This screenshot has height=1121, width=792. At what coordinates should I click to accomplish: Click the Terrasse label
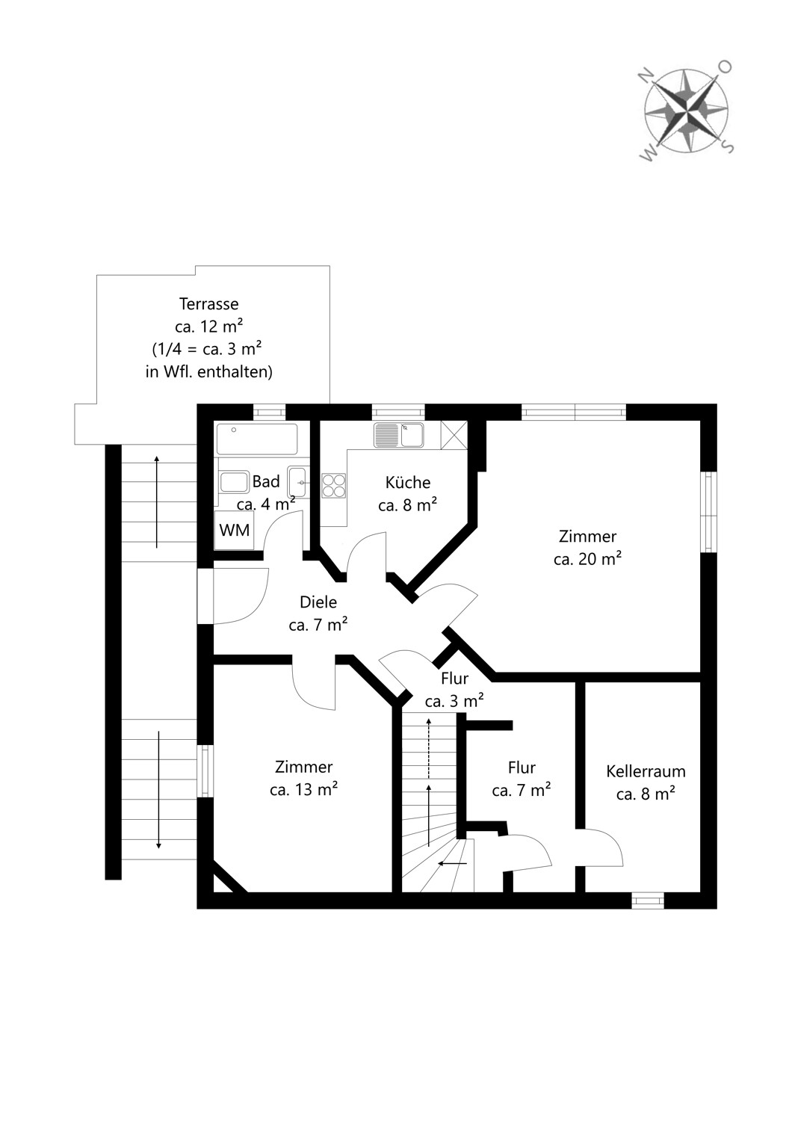(208, 303)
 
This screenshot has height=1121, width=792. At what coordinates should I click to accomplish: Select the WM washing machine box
(234, 531)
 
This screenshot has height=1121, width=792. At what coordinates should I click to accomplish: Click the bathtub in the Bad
(257, 439)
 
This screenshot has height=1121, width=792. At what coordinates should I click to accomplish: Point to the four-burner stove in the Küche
(334, 486)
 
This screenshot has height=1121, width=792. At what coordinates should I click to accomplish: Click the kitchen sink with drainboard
(399, 435)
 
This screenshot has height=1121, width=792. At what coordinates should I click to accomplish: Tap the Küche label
(408, 483)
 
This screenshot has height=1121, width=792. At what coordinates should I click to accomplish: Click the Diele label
(318, 602)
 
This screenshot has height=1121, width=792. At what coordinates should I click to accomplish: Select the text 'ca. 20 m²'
(587, 558)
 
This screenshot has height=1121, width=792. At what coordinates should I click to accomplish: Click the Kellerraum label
(646, 771)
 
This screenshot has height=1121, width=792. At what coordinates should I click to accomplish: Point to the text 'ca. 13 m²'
(303, 790)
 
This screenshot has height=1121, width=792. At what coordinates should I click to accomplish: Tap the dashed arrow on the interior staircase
(429, 748)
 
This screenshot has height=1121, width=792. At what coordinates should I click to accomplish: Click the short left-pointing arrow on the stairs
(452, 863)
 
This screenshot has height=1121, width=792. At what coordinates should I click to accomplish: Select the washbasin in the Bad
(298, 483)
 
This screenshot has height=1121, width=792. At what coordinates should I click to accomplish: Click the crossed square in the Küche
(454, 435)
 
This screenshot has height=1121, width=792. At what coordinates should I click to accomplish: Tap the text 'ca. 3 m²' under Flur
(454, 702)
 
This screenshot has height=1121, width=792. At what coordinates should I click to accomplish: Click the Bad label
(266, 481)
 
